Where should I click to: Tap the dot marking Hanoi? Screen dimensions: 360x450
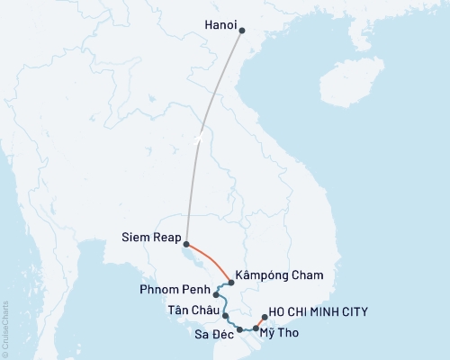[241, 28]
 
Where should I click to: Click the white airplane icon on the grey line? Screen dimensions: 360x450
[196, 138]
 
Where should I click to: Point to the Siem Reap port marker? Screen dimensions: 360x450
[185, 244]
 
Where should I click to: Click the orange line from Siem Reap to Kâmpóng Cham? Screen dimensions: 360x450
[212, 261]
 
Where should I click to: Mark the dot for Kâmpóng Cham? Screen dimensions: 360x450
[231, 283]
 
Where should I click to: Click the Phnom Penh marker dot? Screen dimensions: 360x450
[216, 293]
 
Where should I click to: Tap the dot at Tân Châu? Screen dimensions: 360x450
[225, 316]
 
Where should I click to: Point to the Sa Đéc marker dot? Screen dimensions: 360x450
[239, 330]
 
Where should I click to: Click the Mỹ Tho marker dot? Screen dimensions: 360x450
[256, 329]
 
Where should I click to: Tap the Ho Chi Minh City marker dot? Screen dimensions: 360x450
[263, 317]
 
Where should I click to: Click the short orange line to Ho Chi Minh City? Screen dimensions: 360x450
[259, 323]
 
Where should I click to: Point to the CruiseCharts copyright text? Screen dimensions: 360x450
[5, 325]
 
